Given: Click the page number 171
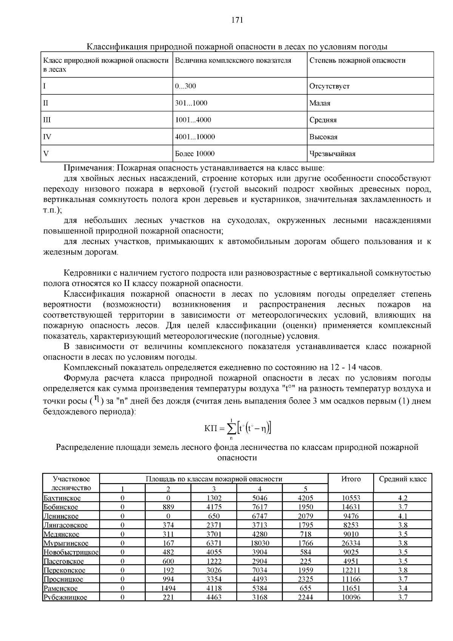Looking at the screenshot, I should tap(237, 20).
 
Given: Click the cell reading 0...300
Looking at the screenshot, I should tap(185, 86).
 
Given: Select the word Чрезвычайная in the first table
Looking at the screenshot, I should tap(332, 154).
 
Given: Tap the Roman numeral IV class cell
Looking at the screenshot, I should tap(47, 137).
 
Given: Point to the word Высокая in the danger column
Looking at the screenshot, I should tap(323, 137).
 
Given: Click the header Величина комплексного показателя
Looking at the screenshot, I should tap(233, 60).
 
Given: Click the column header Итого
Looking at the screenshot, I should tap(351, 479).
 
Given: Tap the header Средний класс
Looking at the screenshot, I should tap(403, 479).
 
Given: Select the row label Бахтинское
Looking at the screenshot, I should tap(62, 498).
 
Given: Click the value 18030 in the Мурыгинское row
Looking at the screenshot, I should tap(260, 543).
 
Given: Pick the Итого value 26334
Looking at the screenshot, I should tap(351, 543).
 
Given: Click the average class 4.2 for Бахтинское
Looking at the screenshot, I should tap(403, 498).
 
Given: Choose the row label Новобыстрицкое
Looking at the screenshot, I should tap(71, 552).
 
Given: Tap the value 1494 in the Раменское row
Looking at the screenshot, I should tap(168, 588).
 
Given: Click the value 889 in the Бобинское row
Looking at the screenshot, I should tap(168, 507).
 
